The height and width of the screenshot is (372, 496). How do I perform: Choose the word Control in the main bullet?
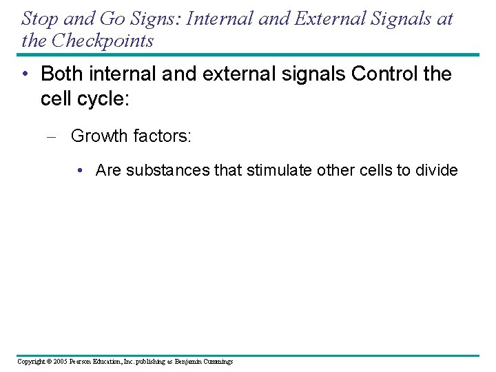tap(383, 74)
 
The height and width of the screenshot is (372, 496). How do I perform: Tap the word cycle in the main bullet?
tap(98, 99)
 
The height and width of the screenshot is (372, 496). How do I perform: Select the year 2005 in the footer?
tap(61, 362)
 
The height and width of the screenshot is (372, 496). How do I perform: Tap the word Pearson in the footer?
tap(84, 362)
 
